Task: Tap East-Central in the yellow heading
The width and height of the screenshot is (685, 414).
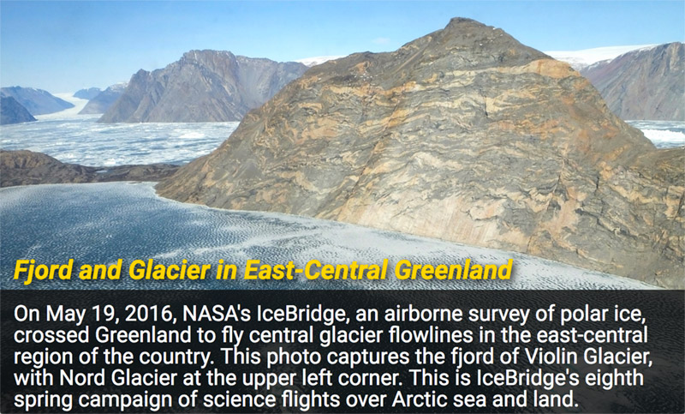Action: (x=315, y=270)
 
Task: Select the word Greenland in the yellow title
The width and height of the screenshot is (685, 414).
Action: (x=453, y=270)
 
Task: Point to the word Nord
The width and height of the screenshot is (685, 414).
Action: (x=83, y=378)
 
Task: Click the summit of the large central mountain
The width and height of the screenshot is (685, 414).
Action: (x=459, y=20)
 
